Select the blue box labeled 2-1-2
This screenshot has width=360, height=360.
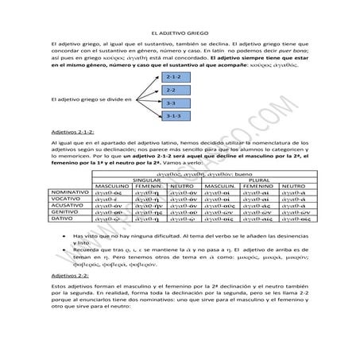pyautogui.click(x=174, y=77)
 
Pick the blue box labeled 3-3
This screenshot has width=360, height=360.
pyautogui.click(x=174, y=103)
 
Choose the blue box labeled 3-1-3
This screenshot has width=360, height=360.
pyautogui.click(x=174, y=117)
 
